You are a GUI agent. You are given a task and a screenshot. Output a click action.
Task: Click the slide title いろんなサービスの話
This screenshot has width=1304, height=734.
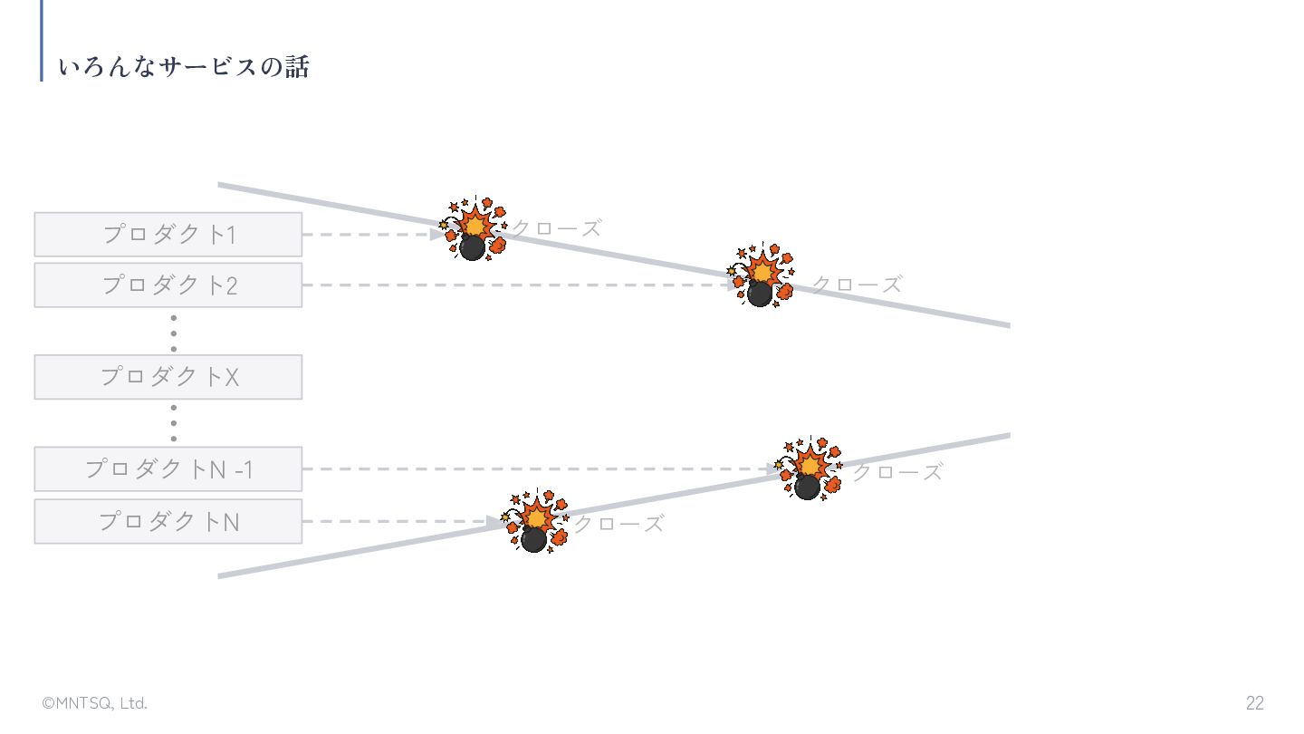point(184,67)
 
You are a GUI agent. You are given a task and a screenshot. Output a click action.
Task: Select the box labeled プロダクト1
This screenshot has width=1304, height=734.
point(168,235)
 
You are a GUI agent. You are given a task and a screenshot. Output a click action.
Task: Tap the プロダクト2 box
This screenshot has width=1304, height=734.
point(168,285)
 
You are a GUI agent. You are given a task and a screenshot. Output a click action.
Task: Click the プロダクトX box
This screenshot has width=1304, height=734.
point(168,377)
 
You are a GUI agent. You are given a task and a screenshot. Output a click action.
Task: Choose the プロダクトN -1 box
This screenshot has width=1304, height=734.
point(168,469)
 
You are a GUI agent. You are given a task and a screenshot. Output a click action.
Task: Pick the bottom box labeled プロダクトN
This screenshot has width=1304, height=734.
point(168,522)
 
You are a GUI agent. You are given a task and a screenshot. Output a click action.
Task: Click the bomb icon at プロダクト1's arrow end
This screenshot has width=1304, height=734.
point(473,230)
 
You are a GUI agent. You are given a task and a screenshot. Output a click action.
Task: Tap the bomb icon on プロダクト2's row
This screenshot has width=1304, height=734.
point(761,275)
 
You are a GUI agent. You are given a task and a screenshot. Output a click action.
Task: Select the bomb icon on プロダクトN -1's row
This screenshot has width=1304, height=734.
point(809,469)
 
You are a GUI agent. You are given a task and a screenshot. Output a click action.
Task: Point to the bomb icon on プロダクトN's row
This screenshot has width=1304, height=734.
point(535,522)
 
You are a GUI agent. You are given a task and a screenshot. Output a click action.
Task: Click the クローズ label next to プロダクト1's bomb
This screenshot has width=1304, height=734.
point(557,229)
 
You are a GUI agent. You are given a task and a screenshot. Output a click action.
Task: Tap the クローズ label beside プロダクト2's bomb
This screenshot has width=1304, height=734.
point(858,285)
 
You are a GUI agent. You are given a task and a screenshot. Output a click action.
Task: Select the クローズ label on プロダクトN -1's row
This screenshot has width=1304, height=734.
point(897,472)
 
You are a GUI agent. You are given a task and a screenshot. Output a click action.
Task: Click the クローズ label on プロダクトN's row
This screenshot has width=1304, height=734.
point(619,524)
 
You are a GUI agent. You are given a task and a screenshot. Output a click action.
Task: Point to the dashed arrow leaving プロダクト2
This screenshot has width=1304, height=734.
point(516,285)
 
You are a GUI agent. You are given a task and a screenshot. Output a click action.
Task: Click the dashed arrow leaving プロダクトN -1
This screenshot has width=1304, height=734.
point(539,469)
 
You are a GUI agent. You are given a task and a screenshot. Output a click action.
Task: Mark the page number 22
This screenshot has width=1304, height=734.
point(1254,703)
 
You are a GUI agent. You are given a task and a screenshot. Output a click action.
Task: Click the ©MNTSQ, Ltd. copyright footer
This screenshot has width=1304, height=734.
point(94,703)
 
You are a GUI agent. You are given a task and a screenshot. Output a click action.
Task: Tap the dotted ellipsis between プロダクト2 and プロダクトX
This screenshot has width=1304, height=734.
point(173,333)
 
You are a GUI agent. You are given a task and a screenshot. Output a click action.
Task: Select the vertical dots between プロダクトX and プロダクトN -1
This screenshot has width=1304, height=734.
point(173,423)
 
